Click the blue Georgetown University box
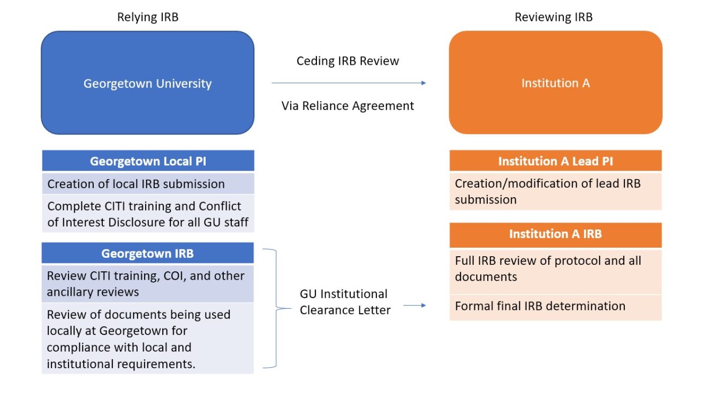click(147, 83)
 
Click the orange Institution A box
click(555, 83)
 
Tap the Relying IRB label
click(147, 17)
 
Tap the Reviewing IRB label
click(554, 17)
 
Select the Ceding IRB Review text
click(348, 61)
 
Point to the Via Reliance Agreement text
click(348, 106)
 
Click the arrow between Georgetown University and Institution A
click(348, 83)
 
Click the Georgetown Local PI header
click(147, 161)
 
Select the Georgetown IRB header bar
click(147, 253)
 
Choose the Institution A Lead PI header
click(555, 161)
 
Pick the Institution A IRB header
click(555, 234)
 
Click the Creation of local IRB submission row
click(147, 184)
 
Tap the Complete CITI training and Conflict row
click(147, 214)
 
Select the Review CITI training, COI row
click(147, 284)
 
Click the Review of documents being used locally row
click(147, 339)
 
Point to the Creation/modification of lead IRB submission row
click(555, 191)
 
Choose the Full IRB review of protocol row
click(555, 269)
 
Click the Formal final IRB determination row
click(555, 306)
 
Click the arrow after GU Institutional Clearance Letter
click(414, 306)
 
